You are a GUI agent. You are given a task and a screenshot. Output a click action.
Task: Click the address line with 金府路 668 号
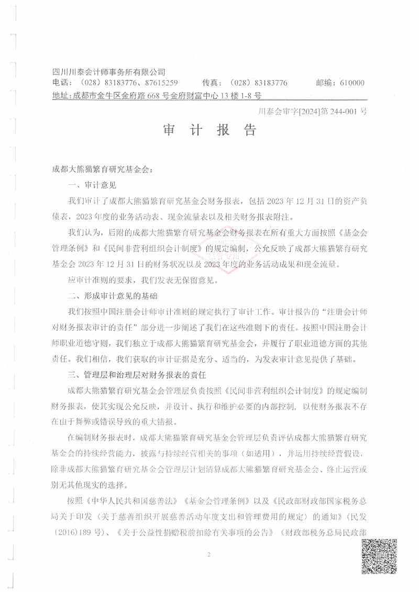click(157, 95)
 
